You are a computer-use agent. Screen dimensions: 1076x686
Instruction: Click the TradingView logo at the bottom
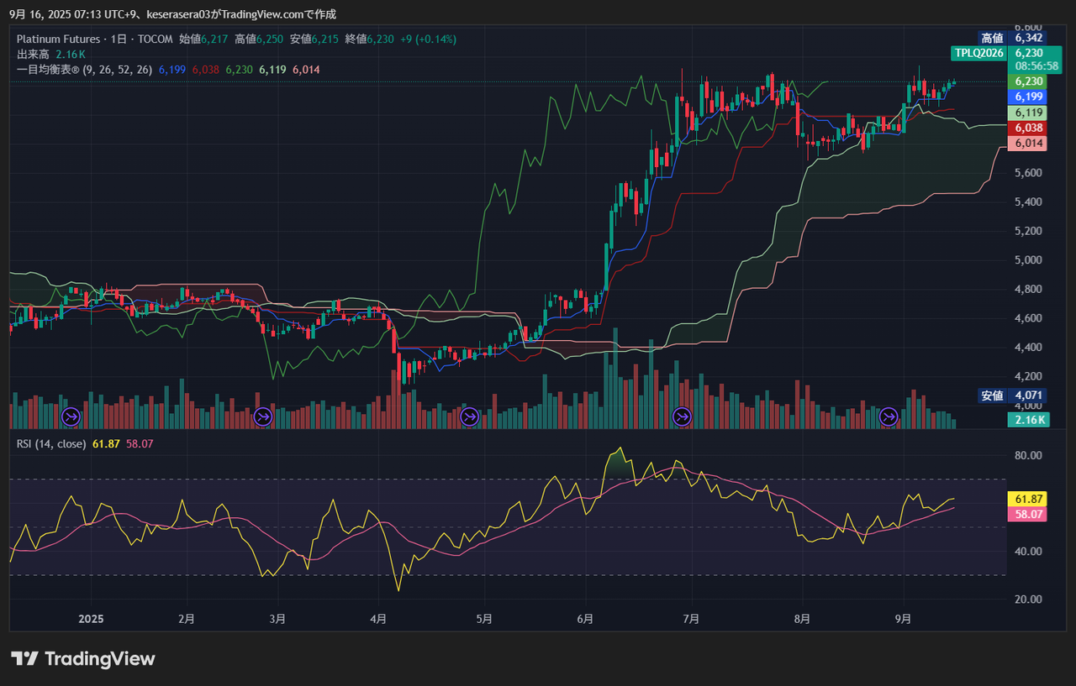coord(82,658)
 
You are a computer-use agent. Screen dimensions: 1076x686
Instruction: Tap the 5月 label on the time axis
coord(484,619)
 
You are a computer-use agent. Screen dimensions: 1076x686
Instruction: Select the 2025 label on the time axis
coord(91,619)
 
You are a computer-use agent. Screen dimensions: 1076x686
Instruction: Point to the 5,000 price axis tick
coord(1028,260)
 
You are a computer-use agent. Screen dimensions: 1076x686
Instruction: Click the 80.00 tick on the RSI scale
coord(1028,455)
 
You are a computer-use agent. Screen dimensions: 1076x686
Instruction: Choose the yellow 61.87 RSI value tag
coord(1027,499)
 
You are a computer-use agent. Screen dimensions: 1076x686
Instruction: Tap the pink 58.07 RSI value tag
coord(1027,514)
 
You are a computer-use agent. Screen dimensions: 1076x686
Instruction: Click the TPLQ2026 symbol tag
coord(979,53)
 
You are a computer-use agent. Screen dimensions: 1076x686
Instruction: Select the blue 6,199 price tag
coord(1027,97)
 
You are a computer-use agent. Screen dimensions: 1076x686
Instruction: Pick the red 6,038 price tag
coord(1027,128)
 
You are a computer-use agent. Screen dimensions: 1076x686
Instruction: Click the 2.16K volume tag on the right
coord(1028,420)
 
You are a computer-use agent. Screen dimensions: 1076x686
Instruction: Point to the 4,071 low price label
coord(1028,395)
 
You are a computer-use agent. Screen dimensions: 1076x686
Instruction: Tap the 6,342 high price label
coord(1028,38)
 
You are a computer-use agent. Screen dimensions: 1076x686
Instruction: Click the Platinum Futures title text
coord(58,39)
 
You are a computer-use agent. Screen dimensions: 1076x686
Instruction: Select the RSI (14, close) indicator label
coord(51,443)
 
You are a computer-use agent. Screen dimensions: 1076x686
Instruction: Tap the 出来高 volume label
coord(33,55)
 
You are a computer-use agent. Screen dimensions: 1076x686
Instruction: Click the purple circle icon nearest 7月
coord(682,416)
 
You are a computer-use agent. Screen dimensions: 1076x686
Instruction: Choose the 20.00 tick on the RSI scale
coord(1028,600)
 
